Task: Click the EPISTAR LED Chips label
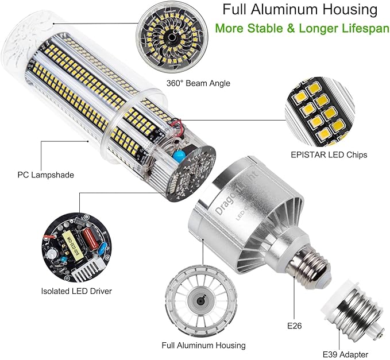[329, 154]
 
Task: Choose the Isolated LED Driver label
[76, 291]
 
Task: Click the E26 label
[295, 326]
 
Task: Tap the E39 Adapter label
[345, 354]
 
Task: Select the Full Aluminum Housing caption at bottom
[204, 345]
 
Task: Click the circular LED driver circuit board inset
[73, 247]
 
